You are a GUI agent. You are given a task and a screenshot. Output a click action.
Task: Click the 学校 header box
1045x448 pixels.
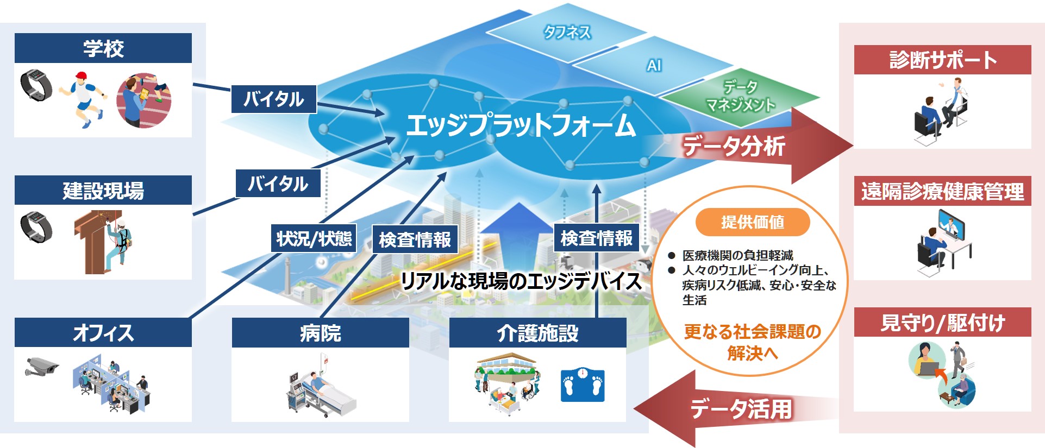[103, 48]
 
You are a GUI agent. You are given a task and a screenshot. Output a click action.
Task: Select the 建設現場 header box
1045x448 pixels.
[103, 191]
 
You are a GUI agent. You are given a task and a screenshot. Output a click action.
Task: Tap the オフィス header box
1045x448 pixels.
[103, 332]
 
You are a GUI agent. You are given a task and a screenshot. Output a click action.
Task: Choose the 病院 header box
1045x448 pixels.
[321, 332]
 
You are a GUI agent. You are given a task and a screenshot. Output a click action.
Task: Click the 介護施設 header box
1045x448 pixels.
[538, 332]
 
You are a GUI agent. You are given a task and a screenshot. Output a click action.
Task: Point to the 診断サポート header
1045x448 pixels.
[943, 60]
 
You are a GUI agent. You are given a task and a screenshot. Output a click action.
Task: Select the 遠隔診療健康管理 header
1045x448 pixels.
[943, 191]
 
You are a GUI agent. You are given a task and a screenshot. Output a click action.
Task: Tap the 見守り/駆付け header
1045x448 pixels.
[943, 323]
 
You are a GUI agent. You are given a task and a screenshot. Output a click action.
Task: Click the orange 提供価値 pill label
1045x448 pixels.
[753, 222]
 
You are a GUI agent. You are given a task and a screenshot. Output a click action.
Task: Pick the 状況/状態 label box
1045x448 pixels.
[314, 238]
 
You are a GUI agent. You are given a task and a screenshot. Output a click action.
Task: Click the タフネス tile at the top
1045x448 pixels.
[567, 33]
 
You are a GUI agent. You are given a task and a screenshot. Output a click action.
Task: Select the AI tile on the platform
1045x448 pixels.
[654, 66]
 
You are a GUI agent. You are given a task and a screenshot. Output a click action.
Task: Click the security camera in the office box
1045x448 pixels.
[42, 367]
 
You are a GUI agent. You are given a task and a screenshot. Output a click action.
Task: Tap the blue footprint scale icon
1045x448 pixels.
[583, 385]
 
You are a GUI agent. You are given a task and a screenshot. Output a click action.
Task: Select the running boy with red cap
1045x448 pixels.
[83, 99]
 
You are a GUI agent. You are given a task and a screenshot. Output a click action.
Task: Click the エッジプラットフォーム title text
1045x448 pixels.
[521, 125]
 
